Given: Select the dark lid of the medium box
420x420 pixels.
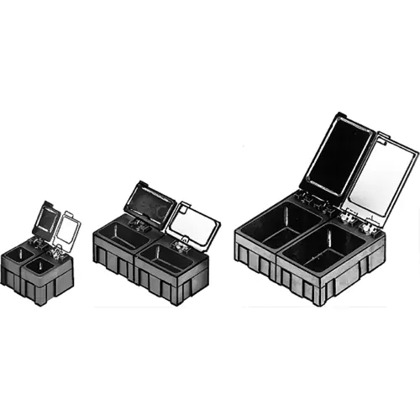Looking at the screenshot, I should click(149, 200).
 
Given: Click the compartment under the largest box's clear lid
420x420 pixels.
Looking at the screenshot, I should click(323, 248).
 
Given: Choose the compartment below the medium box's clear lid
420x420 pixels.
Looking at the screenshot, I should click(168, 257).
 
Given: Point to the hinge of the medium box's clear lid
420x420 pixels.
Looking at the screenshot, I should click(179, 244).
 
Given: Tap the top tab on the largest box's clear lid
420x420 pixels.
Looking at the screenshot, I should click(386, 134).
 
